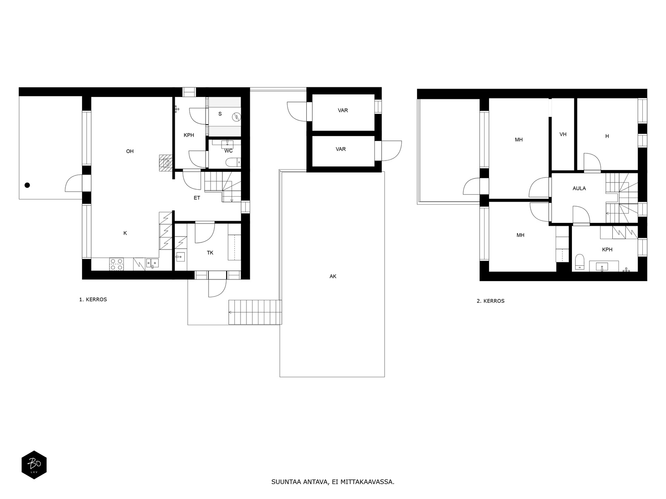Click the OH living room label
click(x=130, y=151)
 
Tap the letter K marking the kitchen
click(x=125, y=233)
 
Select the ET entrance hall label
click(x=197, y=198)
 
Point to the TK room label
click(x=210, y=253)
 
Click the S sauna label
click(x=220, y=114)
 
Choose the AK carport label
click(x=333, y=276)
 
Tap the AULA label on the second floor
click(x=579, y=188)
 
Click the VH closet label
click(x=563, y=134)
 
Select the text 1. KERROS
click(x=93, y=300)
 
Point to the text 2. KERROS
click(x=491, y=301)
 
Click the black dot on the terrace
click(x=27, y=185)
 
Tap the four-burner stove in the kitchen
click(x=117, y=264)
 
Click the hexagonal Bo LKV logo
click(x=34, y=465)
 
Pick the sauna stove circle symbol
click(x=236, y=117)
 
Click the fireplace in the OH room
click(x=166, y=163)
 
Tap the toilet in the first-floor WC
click(x=234, y=163)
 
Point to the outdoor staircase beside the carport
click(x=255, y=312)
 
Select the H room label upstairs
click(x=607, y=136)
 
